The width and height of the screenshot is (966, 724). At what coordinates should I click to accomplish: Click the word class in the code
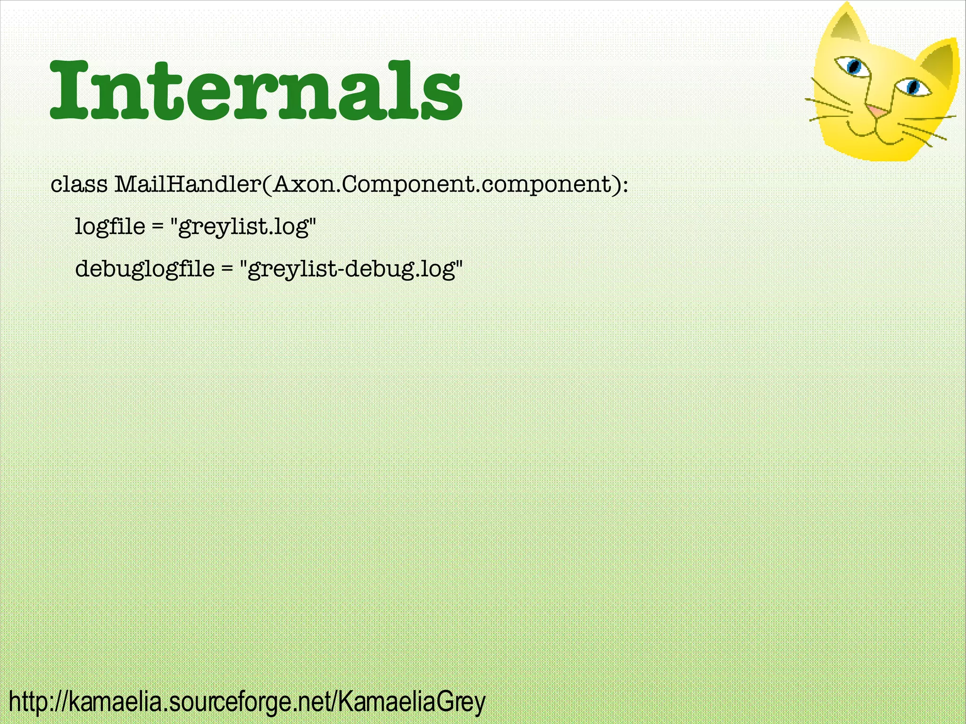[79, 184]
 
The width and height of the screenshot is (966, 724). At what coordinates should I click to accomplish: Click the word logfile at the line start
[110, 226]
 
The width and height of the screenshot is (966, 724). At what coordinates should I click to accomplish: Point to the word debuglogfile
[145, 269]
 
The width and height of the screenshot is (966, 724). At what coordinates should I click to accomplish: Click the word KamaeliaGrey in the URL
[411, 701]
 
